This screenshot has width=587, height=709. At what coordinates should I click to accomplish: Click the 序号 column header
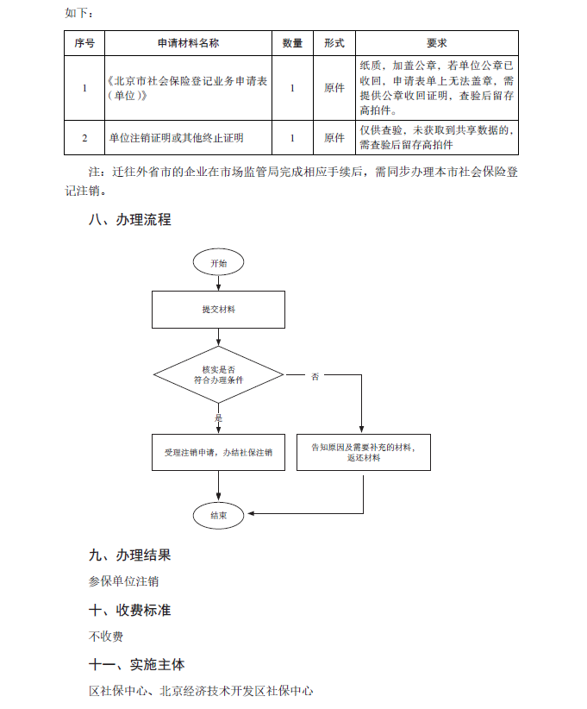pos(84,43)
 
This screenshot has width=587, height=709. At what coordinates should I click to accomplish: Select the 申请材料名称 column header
pos(188,43)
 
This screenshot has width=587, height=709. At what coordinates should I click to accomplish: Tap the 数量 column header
pos(292,43)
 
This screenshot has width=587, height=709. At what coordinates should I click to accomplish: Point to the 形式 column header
pos(334,43)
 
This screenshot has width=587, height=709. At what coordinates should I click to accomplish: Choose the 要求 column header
pos(436,43)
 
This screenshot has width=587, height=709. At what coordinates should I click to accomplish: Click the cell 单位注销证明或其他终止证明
pos(176,138)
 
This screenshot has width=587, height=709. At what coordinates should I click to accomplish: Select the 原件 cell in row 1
pos(334,88)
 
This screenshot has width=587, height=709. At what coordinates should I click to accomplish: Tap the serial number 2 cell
pos(84,138)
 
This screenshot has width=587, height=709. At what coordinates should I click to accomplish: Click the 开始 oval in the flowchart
pos(218,262)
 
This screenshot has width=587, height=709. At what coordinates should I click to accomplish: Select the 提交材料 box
pos(218,310)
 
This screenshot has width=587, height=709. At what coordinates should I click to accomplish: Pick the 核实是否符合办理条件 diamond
pos(218,375)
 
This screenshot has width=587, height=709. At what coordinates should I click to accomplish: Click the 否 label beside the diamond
pos(315,376)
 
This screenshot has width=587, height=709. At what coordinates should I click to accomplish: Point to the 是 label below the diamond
pos(219,417)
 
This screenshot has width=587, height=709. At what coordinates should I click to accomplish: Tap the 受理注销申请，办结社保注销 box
pos(218,452)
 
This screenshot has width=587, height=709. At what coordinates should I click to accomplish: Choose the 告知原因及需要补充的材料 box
pos(364,452)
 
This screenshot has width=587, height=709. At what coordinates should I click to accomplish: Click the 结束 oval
pos(218,515)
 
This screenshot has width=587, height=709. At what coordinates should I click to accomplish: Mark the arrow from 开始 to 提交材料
pos(219,283)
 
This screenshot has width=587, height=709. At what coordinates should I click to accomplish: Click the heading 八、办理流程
pos(130,220)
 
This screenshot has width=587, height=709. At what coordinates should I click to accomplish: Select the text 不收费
pos(106,637)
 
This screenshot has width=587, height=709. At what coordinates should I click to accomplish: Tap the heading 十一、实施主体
pos(137,665)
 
